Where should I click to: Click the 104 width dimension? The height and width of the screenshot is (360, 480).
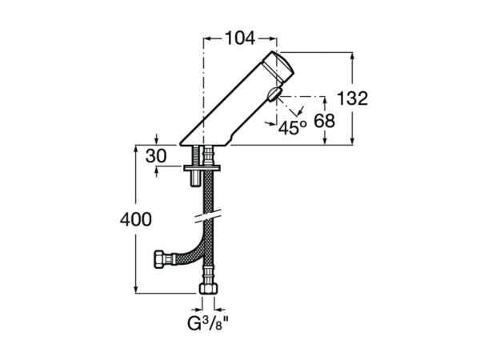tap(240, 36)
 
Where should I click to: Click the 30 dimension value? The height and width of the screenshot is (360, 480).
tap(157, 156)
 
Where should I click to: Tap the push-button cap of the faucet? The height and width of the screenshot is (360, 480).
tap(282, 68)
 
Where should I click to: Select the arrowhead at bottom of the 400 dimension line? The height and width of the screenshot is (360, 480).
tap(135, 293)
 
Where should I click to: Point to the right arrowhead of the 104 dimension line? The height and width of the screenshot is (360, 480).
tap(275, 37)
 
